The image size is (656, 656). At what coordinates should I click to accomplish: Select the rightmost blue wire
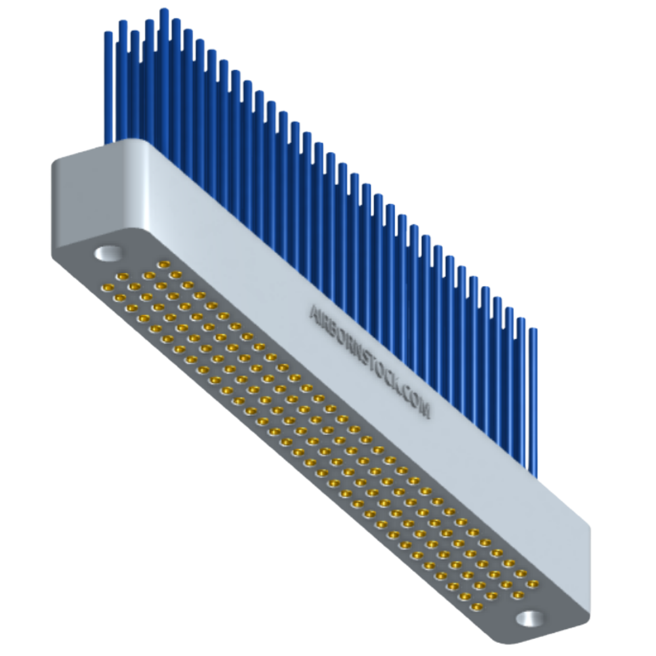pos(534,394)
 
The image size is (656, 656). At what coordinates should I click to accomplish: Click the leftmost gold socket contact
pos(106,287)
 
